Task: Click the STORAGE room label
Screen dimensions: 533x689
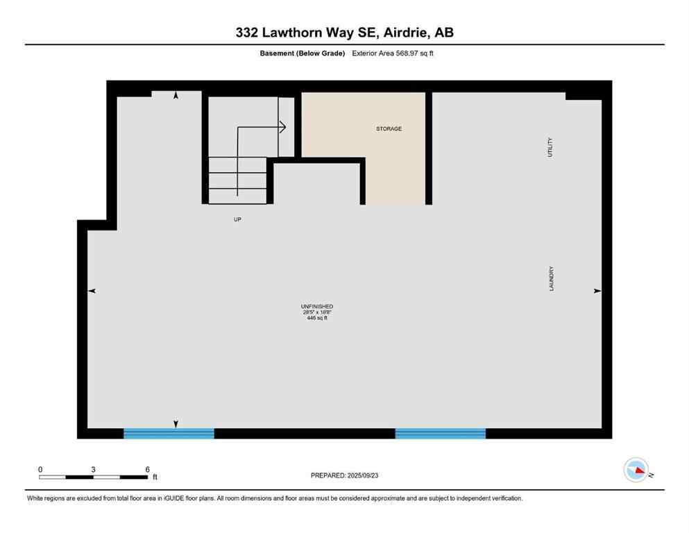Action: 389,129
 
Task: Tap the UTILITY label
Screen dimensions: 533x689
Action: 551,147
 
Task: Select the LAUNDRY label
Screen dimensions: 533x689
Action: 552,279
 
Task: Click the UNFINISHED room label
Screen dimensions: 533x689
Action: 317,306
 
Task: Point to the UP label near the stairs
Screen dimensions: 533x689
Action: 237,219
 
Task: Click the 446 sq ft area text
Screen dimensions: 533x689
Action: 317,318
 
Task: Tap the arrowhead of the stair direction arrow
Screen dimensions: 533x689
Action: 283,126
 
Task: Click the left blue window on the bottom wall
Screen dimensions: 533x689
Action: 169,434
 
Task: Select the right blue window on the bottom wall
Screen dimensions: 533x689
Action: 440,434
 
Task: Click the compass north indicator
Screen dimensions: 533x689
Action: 636,471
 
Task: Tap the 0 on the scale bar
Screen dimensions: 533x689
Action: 40,469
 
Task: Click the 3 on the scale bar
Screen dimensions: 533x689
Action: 93,469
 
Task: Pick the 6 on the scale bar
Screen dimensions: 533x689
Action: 147,469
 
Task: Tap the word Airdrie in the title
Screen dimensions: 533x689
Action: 404,33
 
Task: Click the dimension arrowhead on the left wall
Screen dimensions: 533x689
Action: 92,291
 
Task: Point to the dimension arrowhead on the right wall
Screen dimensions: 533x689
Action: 597,291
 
